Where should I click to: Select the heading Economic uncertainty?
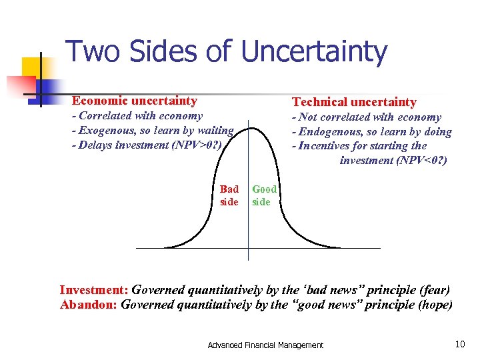pos(134,101)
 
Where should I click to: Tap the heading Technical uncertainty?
pos(353,102)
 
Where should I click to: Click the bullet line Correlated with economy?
pos(137,116)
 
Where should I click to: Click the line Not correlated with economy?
pos(366,117)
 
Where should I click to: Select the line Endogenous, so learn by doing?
pos(371,131)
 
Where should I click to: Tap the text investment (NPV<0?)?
pos(393,161)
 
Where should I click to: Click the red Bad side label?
pos(229,195)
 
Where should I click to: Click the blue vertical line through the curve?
pos(248,227)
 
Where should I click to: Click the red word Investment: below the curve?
pos(94,290)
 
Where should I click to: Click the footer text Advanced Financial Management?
pos(265,345)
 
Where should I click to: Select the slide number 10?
pos(459,344)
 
